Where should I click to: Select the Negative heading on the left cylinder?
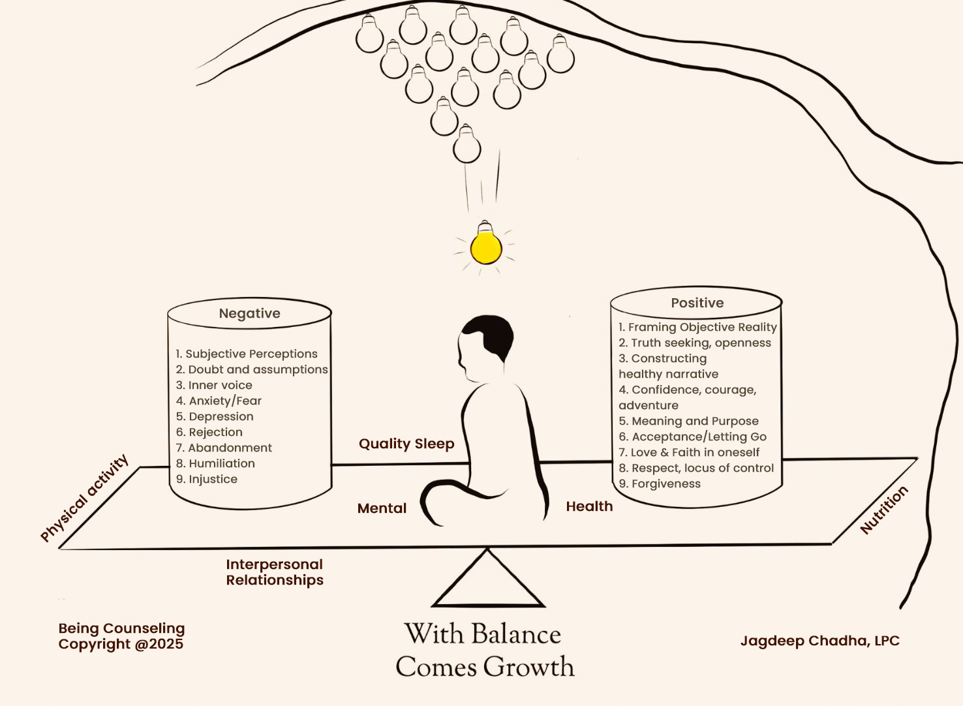click(249, 314)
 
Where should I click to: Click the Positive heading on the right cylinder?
click(697, 303)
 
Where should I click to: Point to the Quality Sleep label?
click(406, 444)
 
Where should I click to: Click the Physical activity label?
click(84, 498)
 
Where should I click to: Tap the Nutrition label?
click(884, 510)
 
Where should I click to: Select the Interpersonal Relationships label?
click(275, 572)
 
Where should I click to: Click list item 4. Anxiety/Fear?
click(219, 401)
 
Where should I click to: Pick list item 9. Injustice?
click(207, 479)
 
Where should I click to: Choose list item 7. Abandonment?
click(224, 448)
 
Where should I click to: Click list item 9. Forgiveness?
click(660, 483)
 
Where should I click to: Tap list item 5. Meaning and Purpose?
click(688, 421)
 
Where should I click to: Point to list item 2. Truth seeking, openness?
click(694, 343)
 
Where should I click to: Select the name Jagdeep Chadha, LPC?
click(819, 641)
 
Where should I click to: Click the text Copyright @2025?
click(121, 644)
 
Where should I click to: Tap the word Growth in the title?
click(529, 667)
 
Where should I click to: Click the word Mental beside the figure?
click(382, 508)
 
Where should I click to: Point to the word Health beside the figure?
click(589, 506)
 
